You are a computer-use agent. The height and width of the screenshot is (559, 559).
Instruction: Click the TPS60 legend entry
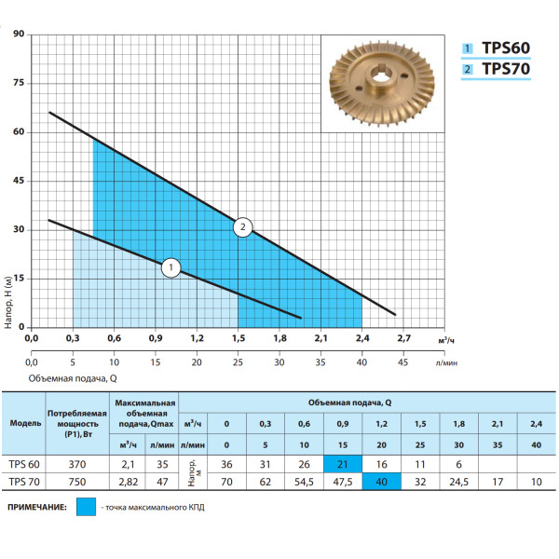pos(496,48)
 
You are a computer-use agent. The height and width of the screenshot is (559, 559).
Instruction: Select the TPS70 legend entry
pos(496,69)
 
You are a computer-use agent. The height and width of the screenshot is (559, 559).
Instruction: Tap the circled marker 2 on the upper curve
pos(243,227)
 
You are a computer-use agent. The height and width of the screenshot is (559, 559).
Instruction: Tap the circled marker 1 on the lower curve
pos(170,267)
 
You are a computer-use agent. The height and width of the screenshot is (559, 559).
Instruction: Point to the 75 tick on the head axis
pos(19,83)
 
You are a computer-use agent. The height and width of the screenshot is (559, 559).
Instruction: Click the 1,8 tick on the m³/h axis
pos(279,338)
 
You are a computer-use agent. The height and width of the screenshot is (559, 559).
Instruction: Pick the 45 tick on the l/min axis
pos(402,362)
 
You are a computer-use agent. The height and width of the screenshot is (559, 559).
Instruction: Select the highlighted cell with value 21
pos(343,464)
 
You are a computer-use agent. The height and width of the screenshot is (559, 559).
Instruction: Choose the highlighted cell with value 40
pos(381,482)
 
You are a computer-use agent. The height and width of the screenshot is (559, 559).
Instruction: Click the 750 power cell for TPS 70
pos(77,482)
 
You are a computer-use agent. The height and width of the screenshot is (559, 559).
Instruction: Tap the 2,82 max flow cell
pos(128,482)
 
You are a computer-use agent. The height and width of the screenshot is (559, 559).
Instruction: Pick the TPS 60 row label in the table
pos(24,464)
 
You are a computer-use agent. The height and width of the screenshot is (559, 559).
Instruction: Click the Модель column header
pos(25,423)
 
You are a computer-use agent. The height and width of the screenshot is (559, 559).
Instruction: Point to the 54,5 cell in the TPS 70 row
pos(304,482)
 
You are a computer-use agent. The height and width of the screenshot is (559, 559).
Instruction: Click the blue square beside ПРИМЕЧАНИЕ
pos(86,507)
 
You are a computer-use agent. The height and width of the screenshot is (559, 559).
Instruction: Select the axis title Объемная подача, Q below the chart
pos(73,378)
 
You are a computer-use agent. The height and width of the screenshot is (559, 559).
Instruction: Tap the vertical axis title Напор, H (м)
pos(8,302)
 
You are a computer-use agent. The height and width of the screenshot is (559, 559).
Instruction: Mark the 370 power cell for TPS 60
pos(77,464)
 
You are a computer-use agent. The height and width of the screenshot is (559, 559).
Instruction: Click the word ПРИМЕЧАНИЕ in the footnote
pos(37,507)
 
